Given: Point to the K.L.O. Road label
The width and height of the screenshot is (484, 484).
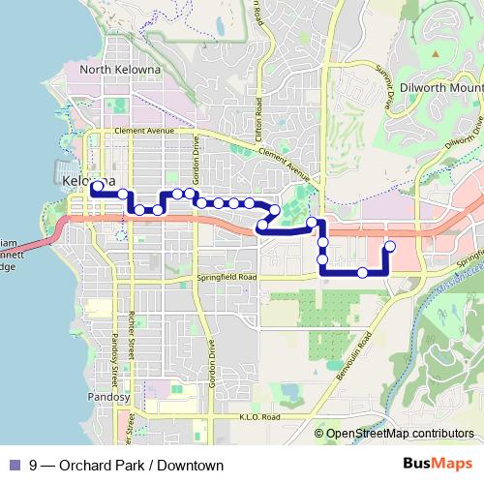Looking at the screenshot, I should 258,417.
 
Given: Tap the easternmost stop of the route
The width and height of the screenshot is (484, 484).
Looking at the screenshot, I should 390,246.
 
